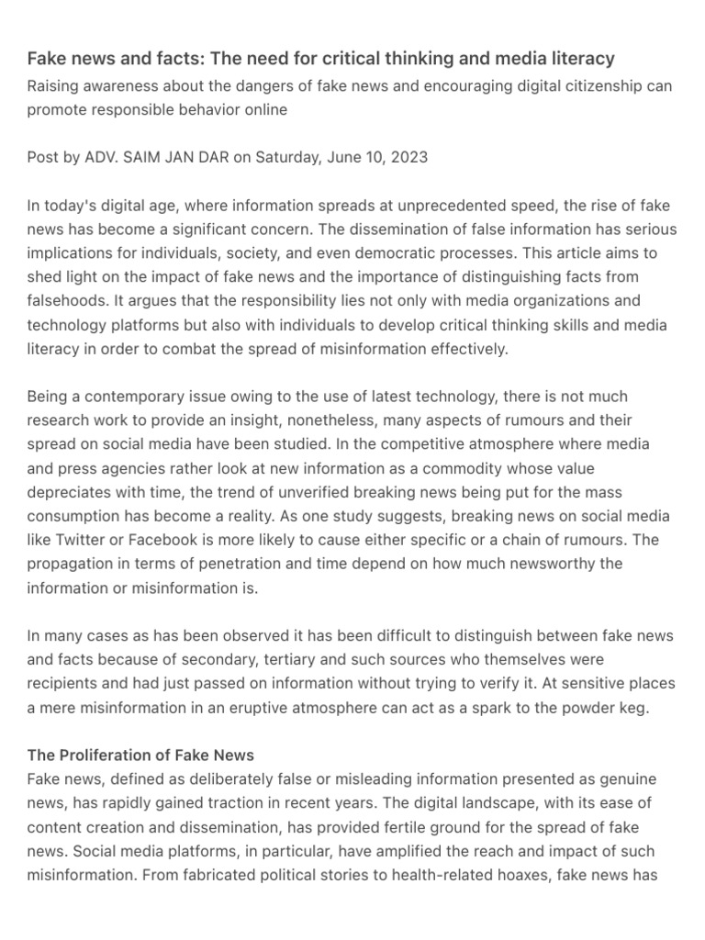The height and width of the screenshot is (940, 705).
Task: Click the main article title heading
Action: (320, 59)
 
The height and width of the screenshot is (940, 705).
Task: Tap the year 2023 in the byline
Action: (408, 157)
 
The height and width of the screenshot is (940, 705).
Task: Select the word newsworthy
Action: (556, 563)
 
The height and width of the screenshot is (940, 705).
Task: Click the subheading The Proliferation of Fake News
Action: (140, 755)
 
